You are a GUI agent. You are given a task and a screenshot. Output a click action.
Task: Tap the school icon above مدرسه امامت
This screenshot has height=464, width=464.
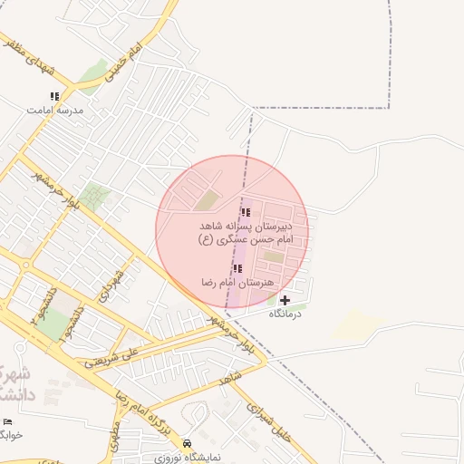(54, 96)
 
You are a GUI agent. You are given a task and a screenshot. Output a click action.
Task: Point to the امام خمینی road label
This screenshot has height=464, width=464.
(121, 63)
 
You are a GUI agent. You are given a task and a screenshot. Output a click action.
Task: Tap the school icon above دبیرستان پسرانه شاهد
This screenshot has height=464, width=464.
(246, 212)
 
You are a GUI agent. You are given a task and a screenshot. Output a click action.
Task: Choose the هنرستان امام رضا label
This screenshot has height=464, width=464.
(237, 283)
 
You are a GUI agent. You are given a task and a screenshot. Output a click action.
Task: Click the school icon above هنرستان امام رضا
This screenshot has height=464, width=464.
(237, 269)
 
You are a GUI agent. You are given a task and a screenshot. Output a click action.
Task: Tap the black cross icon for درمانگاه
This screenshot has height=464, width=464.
(285, 300)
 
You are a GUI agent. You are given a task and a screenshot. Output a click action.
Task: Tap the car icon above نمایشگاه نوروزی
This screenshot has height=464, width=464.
(188, 444)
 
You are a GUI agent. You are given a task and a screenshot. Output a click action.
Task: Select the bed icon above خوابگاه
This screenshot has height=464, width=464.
(8, 421)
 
